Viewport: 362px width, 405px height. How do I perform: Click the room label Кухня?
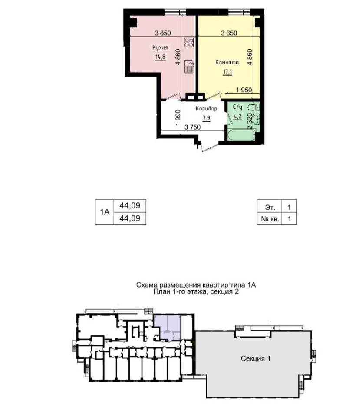click(x=160, y=47)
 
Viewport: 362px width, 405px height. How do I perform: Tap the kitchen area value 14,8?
click(x=160, y=57)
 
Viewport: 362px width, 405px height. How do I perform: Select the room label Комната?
click(x=227, y=62)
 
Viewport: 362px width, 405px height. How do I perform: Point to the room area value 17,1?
click(x=227, y=71)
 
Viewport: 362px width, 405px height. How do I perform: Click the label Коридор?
click(x=206, y=109)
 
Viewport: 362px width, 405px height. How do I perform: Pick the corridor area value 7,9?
click(x=206, y=118)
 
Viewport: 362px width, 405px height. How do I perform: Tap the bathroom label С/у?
click(x=237, y=107)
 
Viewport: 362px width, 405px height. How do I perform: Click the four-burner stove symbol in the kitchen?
click(x=189, y=42)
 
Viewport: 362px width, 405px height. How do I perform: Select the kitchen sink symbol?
click(x=189, y=67)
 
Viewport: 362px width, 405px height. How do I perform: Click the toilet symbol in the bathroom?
click(x=253, y=107)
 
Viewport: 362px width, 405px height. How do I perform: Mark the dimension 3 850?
click(x=163, y=33)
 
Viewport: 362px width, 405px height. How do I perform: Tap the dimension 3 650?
click(x=229, y=33)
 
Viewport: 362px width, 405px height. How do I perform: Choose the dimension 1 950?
click(x=244, y=90)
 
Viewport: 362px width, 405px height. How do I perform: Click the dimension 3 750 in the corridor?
click(x=192, y=127)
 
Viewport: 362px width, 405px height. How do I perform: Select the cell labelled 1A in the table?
click(x=105, y=212)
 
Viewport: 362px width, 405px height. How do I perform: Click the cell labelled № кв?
click(x=270, y=219)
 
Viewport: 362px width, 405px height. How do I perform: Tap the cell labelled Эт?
click(x=270, y=207)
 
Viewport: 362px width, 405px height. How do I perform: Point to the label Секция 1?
click(x=256, y=358)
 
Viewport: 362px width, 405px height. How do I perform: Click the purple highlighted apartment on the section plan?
click(x=167, y=327)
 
